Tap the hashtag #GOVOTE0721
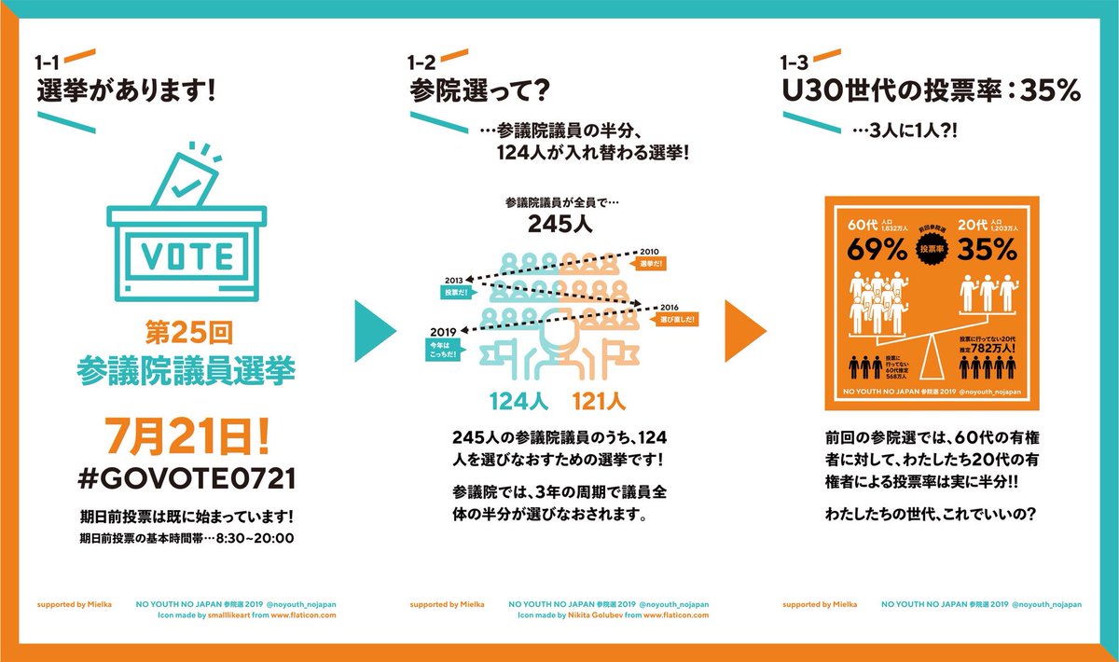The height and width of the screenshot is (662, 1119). pyautogui.click(x=186, y=478)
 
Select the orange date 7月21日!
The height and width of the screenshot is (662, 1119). pyautogui.click(x=186, y=435)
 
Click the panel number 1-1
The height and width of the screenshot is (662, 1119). pyautogui.click(x=48, y=63)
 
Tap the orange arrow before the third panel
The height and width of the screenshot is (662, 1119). pyautogui.click(x=745, y=330)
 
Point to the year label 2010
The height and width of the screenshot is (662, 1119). pyautogui.click(x=649, y=250)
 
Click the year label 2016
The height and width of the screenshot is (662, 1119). pyautogui.click(x=670, y=306)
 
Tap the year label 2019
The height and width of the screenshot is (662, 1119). pyautogui.click(x=442, y=331)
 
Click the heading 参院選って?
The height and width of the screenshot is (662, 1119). pyautogui.click(x=478, y=91)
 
